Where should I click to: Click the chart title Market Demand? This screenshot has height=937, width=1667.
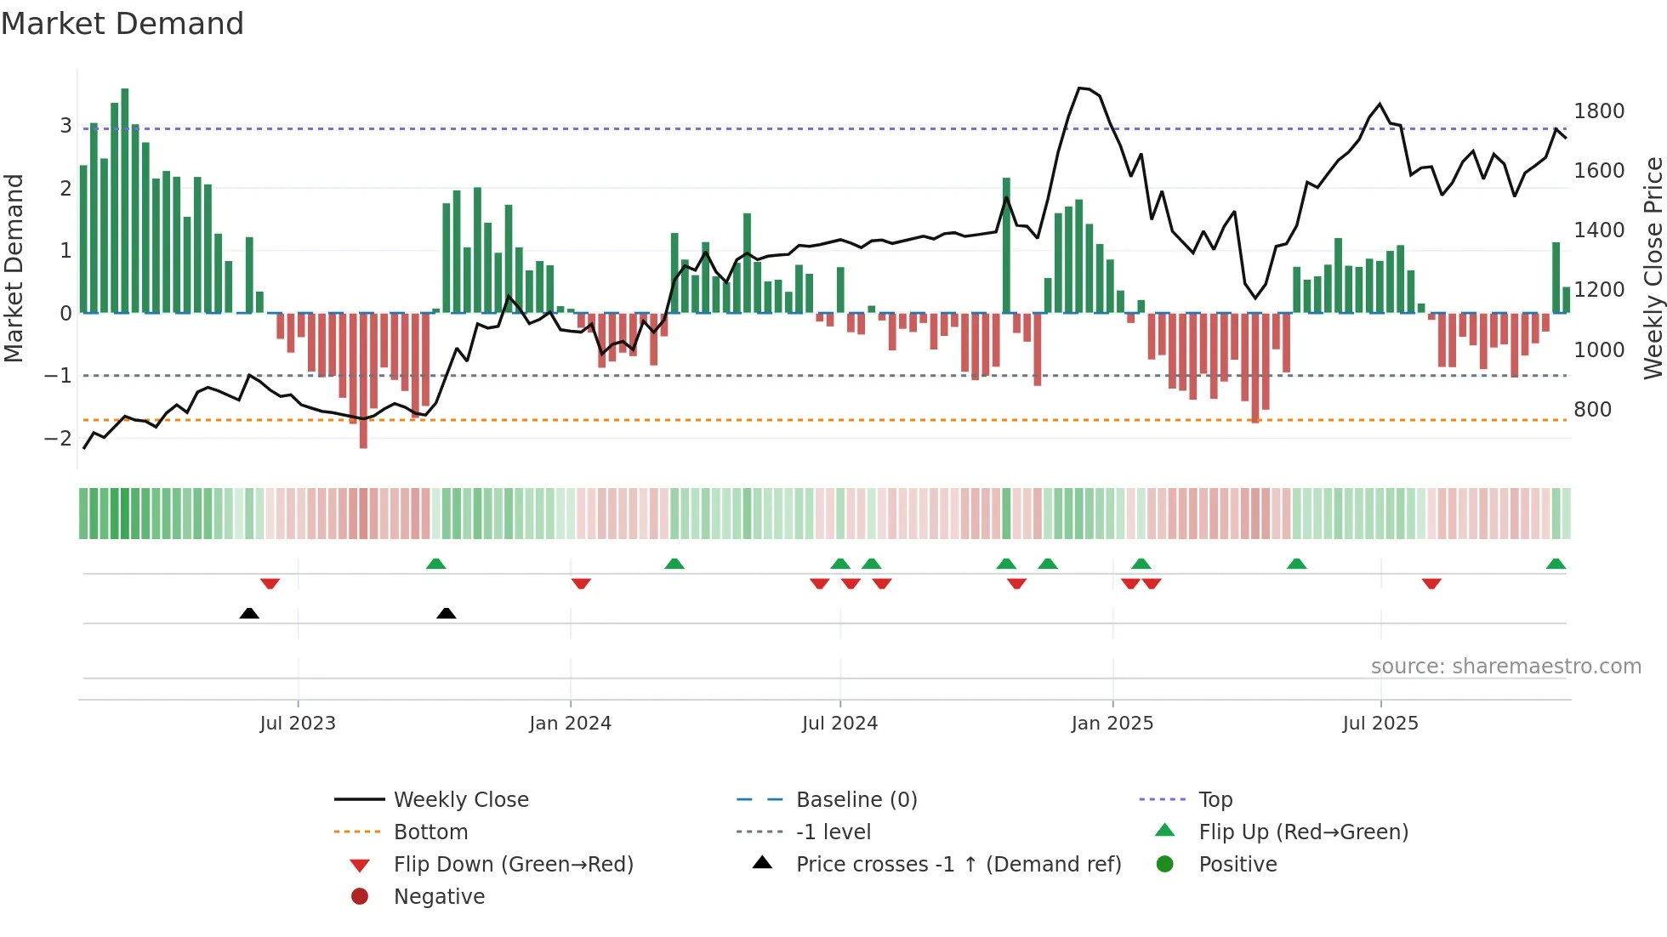coord(122,24)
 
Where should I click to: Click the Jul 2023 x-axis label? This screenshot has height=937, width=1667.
coord(298,724)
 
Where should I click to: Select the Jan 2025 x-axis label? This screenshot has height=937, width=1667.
coord(1112,724)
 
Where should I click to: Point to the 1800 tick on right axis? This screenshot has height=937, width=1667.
coord(1598,111)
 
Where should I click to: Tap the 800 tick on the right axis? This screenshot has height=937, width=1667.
coord(1592,410)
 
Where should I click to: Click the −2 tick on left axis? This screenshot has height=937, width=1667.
coord(58,439)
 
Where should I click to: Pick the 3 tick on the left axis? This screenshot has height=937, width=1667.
coord(65,126)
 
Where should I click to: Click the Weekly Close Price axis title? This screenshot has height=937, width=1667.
coord(1653,268)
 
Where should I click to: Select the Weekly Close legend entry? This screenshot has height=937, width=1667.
coord(460,800)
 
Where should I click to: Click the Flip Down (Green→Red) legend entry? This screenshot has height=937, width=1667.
coord(513,865)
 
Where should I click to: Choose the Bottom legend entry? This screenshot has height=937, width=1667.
coord(430,832)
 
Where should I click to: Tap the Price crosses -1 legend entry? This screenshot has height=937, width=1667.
coord(958,865)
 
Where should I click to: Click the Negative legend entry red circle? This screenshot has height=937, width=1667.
coord(360,897)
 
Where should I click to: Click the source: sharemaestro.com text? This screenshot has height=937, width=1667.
coord(1505,667)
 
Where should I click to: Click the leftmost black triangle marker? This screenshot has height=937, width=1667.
coord(249,613)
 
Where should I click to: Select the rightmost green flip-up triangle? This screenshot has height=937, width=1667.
coord(1556,564)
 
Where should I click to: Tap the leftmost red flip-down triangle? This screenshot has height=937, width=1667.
coord(270,584)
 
